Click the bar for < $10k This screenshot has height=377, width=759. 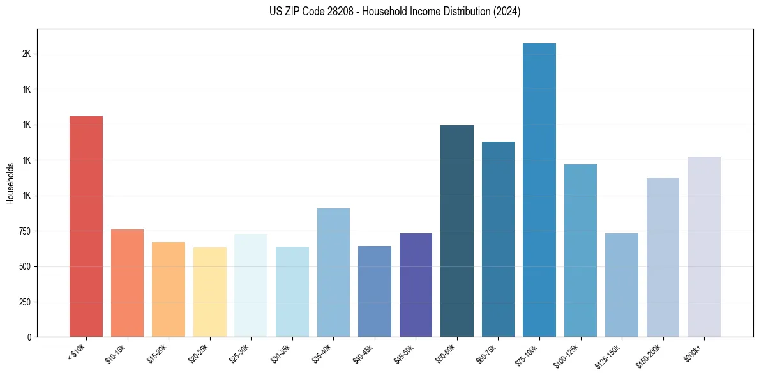(x=86, y=227)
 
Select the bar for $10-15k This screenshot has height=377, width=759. (x=127, y=283)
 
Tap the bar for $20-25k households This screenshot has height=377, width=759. (x=209, y=292)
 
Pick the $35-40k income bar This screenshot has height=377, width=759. (x=333, y=273)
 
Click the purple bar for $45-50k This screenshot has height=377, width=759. (x=416, y=285)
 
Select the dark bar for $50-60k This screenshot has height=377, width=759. (x=457, y=231)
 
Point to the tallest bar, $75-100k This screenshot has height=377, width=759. (x=539, y=190)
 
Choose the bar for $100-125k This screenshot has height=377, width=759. (x=580, y=250)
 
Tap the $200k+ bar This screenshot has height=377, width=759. (x=704, y=247)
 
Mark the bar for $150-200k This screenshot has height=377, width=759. (x=663, y=258)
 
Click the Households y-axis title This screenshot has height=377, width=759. (x=10, y=183)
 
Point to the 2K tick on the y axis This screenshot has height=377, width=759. (x=26, y=54)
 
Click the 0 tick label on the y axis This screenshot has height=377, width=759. (x=29, y=337)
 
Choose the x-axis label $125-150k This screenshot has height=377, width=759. (x=610, y=355)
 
